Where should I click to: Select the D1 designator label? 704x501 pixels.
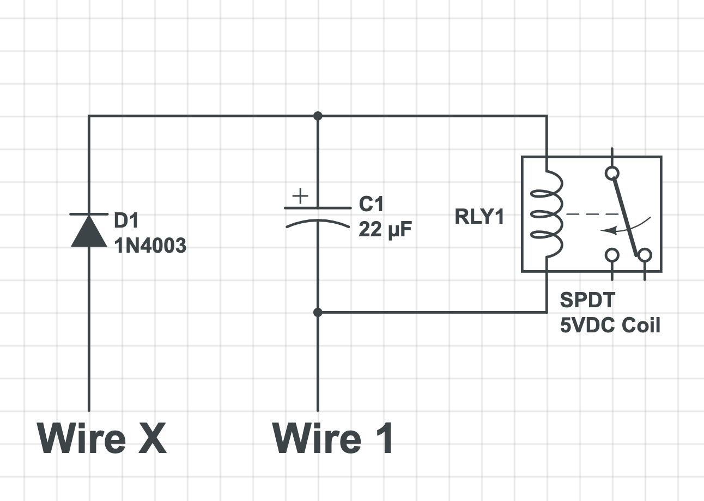(126, 220)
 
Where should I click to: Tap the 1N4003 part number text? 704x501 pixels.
(150, 246)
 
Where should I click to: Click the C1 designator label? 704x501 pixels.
(371, 204)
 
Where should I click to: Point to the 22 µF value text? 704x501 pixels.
(385, 229)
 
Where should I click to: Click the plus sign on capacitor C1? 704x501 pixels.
(300, 196)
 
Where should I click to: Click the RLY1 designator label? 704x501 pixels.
(480, 217)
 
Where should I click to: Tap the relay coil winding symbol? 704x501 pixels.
(548, 214)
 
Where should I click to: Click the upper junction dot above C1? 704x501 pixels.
(318, 116)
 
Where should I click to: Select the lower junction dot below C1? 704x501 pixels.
(318, 313)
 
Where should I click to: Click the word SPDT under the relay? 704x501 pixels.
(587, 300)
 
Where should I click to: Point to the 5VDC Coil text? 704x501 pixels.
(610, 325)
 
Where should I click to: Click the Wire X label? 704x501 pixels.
(102, 438)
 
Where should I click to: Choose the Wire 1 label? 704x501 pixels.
(333, 438)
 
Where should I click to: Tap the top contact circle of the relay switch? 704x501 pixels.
(612, 173)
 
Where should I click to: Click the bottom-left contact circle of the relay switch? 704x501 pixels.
(612, 255)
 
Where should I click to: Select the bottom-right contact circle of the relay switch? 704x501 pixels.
(645, 255)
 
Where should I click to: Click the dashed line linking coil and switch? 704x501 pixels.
(592, 214)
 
